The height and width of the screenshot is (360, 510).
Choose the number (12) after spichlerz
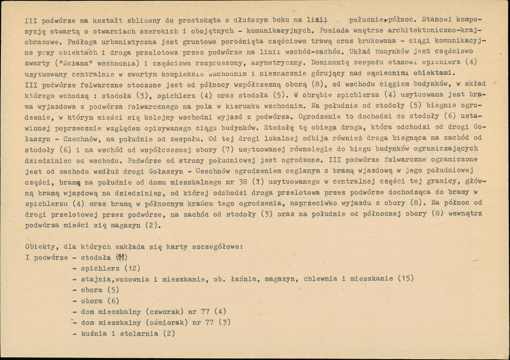(132, 268)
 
